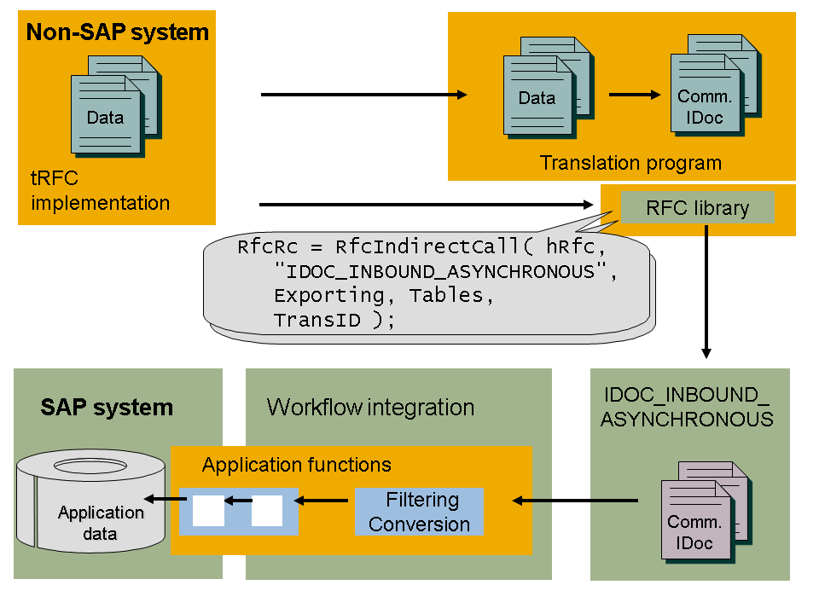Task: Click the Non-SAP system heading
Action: pos(118,33)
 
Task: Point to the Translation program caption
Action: pos(630,163)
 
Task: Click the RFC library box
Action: pos(697,208)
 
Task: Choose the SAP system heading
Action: pos(107,408)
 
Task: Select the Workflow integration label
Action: pos(370,407)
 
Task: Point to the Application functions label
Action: pos(296,465)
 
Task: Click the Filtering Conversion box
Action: pos(419,512)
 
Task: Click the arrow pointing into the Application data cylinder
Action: pos(160,500)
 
